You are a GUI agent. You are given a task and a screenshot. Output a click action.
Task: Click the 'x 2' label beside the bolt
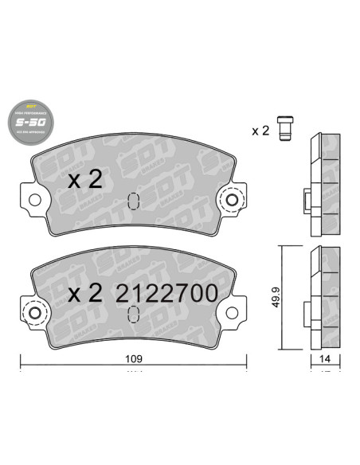point(260,131)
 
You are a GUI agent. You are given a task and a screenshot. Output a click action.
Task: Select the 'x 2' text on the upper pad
point(85,180)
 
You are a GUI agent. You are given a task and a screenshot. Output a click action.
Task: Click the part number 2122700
point(166,293)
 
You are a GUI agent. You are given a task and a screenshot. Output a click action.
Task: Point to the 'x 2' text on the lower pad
point(85,293)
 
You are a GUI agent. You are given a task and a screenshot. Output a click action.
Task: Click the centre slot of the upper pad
point(134,199)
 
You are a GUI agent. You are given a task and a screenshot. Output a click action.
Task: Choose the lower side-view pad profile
point(323,299)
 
